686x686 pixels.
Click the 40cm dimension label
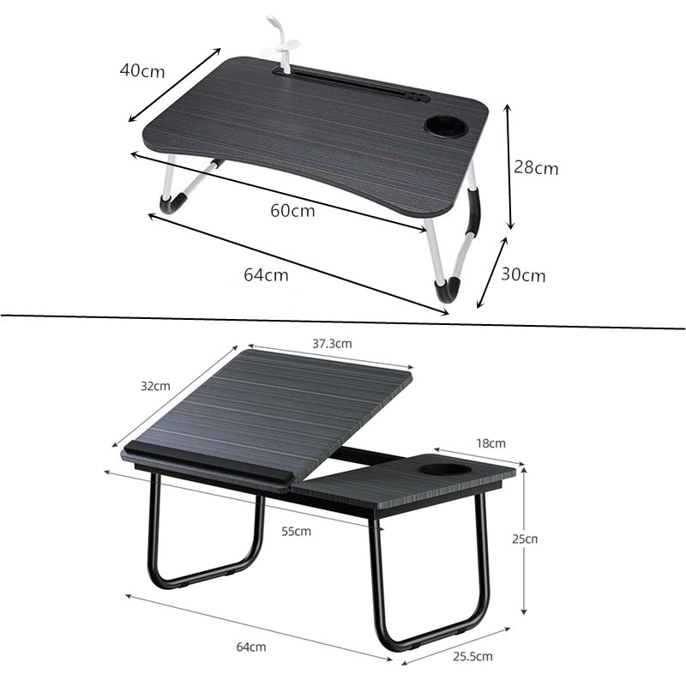[x=142, y=70]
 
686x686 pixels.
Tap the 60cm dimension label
[x=292, y=210]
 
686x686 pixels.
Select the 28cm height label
[x=536, y=167]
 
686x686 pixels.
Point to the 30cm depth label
[x=523, y=274]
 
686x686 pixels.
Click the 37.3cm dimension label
[x=332, y=344]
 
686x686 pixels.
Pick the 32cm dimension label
[x=155, y=386]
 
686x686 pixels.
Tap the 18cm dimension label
[x=490, y=443]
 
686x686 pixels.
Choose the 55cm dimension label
[x=296, y=531]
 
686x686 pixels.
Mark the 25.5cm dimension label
[x=472, y=656]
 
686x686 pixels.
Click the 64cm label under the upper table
[x=266, y=274]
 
